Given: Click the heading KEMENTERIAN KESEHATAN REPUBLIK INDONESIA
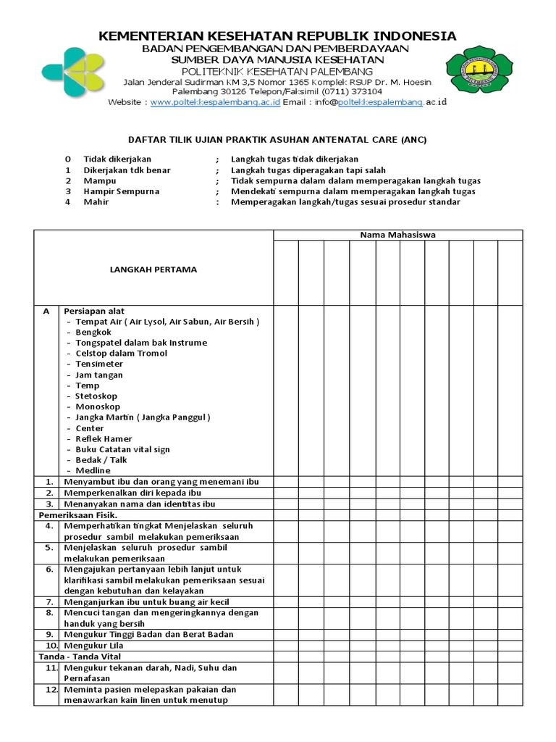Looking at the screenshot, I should [x=277, y=36].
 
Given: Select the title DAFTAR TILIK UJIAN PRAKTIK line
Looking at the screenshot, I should [x=278, y=140].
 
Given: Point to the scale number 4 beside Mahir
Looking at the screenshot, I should [x=67, y=202].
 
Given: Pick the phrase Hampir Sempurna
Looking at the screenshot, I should [x=111, y=191].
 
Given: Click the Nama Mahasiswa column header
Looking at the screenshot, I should [x=397, y=235].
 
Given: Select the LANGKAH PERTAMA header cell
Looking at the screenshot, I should [x=153, y=270].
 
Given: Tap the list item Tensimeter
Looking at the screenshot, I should [x=99, y=364].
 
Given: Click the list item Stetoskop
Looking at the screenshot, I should [x=96, y=396].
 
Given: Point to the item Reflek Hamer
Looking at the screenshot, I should [x=104, y=438].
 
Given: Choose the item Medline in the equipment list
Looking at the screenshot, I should [x=93, y=470].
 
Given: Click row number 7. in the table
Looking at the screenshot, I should [x=49, y=601].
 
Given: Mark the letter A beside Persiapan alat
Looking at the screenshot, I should [x=46, y=311].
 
